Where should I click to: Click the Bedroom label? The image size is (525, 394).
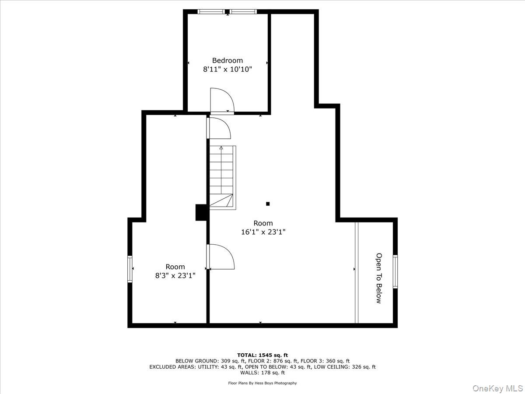(x=227, y=60)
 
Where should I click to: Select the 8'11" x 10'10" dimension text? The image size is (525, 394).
(x=227, y=69)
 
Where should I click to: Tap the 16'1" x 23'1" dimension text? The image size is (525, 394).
(x=263, y=232)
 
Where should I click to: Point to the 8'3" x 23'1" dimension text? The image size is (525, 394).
(x=175, y=275)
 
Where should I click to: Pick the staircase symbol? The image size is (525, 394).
(x=222, y=177)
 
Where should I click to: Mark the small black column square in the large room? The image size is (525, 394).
(x=268, y=204)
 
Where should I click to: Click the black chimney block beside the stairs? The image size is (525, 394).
(x=201, y=212)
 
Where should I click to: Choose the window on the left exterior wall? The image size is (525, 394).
(x=130, y=269)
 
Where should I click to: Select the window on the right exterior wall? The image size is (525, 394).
(x=395, y=272)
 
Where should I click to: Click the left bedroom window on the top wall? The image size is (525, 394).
(x=211, y=12)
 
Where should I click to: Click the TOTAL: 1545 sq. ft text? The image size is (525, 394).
(x=262, y=355)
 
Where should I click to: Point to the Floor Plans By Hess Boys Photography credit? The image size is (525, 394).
(x=262, y=383)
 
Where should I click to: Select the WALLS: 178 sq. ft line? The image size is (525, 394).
(x=262, y=373)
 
